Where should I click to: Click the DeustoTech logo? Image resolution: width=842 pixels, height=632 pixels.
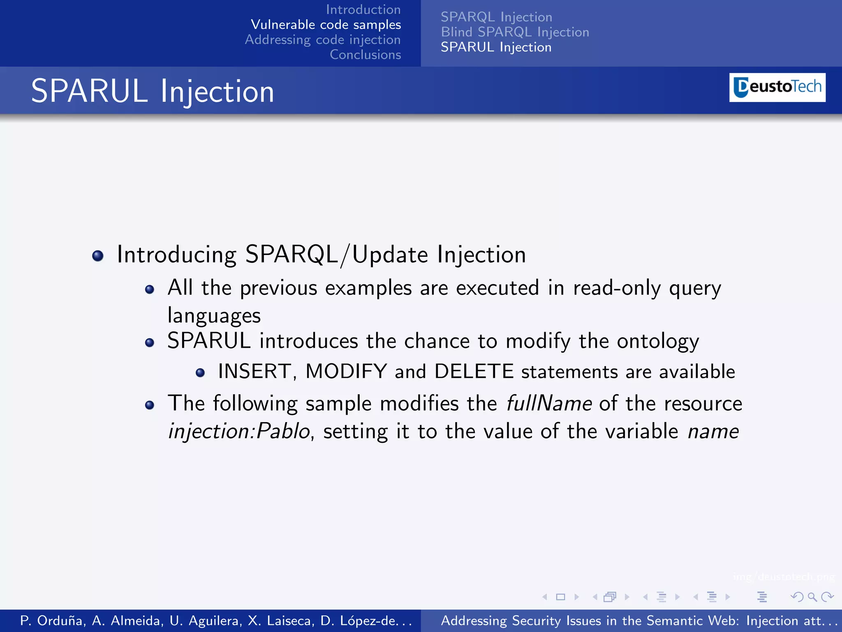pos(777,87)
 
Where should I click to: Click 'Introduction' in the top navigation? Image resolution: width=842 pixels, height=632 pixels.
pos(363,9)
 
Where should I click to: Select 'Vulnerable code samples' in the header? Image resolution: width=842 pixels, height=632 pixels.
pos(326,25)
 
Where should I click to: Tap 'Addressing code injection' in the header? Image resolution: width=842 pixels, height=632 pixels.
pos(323,39)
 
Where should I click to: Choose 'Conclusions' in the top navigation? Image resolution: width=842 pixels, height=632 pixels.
pos(365,54)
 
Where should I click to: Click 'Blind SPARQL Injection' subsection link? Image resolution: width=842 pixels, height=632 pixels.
pos(515,32)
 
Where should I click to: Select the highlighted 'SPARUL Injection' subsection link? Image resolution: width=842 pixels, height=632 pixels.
pos(496,47)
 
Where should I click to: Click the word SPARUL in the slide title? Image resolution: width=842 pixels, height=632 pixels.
pos(89,91)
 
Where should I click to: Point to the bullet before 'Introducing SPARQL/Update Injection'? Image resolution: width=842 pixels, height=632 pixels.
pos(98,256)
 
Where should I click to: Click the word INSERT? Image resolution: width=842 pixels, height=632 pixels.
pos(254,372)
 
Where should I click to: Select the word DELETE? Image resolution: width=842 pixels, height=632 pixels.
pos(474,372)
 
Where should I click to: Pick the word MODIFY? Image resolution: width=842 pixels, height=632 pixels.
pos(346,372)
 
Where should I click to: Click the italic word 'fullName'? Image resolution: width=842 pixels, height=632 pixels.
pos(549,403)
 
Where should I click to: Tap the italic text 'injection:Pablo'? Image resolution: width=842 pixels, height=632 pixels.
pos(239,431)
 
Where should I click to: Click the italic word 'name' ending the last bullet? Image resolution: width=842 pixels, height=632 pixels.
pos(713,431)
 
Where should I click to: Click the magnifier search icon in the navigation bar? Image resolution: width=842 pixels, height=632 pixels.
pos(812,597)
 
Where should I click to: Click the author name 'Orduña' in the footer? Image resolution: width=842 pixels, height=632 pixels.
pos(61,620)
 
